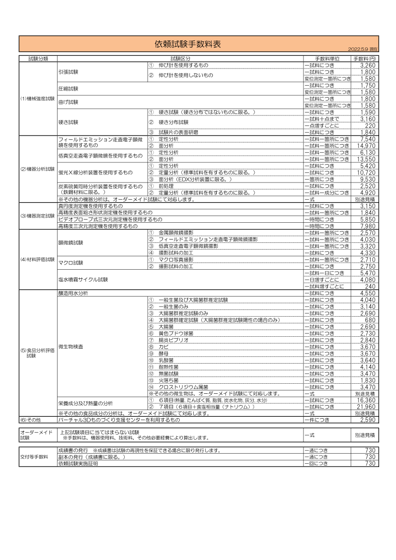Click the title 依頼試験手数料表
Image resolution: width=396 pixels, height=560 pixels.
click(x=187, y=44)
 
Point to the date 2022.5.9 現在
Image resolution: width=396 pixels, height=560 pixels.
click(x=363, y=49)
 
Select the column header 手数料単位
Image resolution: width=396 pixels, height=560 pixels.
click(x=327, y=58)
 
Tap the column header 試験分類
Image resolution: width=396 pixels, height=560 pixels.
click(x=38, y=58)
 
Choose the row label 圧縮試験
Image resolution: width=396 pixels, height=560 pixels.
click(x=69, y=89)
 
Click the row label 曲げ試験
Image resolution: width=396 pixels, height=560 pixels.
click(x=69, y=102)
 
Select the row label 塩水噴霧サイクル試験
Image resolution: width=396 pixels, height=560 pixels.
click(x=83, y=279)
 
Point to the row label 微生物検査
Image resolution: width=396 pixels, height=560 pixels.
click(x=71, y=346)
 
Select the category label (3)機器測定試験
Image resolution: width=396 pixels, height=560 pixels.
click(x=38, y=216)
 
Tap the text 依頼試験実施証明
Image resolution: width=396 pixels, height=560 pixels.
click(x=78, y=464)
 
